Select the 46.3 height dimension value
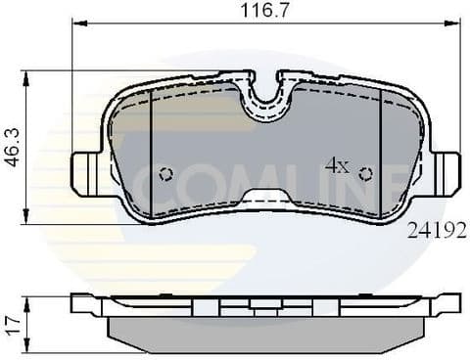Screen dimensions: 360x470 [x=11, y=145]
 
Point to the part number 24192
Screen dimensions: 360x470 [x=433, y=230]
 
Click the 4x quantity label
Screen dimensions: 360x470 [x=336, y=166]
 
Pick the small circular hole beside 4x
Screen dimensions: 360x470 [x=365, y=174]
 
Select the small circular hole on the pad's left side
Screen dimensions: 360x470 [x=165, y=174]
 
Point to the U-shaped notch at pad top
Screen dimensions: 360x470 [x=266, y=93]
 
